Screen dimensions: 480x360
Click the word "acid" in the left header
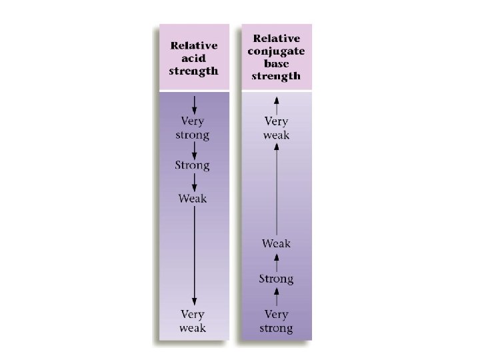point(193,59)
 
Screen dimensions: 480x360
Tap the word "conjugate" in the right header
point(276,52)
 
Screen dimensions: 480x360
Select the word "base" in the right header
point(276,64)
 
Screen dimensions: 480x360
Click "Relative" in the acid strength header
point(193,46)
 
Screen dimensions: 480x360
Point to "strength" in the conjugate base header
point(276,76)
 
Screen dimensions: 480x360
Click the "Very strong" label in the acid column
point(193,128)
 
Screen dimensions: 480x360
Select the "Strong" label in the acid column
point(193,165)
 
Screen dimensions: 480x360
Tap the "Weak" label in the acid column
point(193,198)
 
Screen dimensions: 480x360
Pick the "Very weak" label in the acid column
point(193,321)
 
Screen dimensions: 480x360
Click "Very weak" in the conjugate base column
point(277,128)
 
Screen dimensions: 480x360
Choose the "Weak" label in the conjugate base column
point(276,243)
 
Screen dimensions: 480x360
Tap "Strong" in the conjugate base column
point(276,279)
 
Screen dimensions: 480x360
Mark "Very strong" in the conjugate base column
point(276,321)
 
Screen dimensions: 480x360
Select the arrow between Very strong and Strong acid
point(193,149)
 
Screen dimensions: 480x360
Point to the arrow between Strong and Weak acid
point(193,181)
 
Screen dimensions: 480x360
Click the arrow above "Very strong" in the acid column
point(193,104)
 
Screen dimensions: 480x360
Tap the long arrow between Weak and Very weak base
point(277,187)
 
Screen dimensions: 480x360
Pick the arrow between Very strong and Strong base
point(277,297)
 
